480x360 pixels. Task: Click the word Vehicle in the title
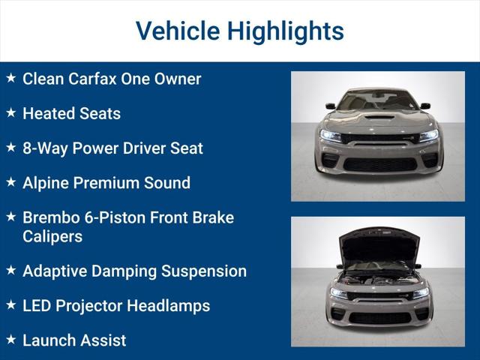point(177,31)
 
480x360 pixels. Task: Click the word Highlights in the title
point(286,31)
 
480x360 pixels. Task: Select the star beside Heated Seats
point(10,112)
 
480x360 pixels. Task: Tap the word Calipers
point(52,236)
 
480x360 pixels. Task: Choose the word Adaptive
point(56,271)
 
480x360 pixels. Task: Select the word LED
point(37,306)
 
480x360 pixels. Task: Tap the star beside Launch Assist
point(10,340)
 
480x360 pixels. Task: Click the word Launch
point(48,340)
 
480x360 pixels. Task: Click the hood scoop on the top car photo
point(378,117)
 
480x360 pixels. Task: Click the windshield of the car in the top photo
point(378,100)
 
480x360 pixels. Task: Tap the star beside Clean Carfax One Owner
point(10,78)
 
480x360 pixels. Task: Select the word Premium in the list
point(112,183)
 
